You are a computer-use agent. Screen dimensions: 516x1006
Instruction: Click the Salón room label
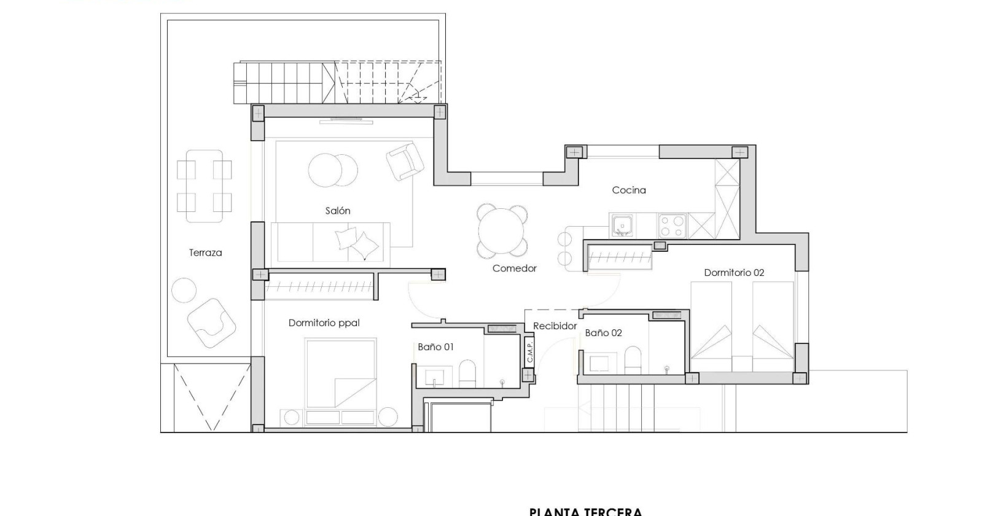coord(338,211)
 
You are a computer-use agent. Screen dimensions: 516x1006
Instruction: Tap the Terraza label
coord(205,252)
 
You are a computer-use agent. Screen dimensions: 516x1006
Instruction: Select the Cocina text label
coord(629,190)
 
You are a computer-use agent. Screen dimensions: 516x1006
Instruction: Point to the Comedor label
coord(515,268)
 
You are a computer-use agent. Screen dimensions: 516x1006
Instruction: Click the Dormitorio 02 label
coord(734,273)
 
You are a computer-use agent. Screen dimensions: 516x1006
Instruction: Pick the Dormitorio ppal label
coord(324,323)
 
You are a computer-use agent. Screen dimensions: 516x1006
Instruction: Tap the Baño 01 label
coord(435,347)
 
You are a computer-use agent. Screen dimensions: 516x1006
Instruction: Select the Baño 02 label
coord(603,333)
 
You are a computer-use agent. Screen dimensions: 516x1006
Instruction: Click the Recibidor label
coord(555,326)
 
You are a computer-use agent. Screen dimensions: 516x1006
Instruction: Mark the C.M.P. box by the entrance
coord(529,351)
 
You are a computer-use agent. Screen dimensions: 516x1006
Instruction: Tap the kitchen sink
coord(622,225)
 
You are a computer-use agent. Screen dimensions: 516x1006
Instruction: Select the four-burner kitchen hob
coord(672,225)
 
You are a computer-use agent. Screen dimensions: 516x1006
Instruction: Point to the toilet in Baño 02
coord(633,360)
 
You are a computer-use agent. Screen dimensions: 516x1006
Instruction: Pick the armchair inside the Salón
coord(405,161)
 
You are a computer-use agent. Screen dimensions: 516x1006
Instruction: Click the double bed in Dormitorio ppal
coord(340,373)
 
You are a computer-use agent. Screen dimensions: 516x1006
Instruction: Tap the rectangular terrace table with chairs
coord(205,186)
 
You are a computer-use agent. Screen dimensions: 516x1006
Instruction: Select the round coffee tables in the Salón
coord(333,170)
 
